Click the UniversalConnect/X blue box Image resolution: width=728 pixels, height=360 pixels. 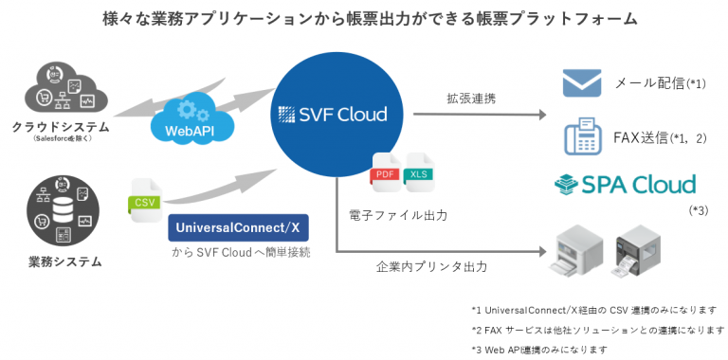pos(239,228)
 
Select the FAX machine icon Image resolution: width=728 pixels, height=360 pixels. pos(585,137)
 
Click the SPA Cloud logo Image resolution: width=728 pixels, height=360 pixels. pos(626,184)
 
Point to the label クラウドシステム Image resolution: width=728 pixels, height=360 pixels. pos(61,126)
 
